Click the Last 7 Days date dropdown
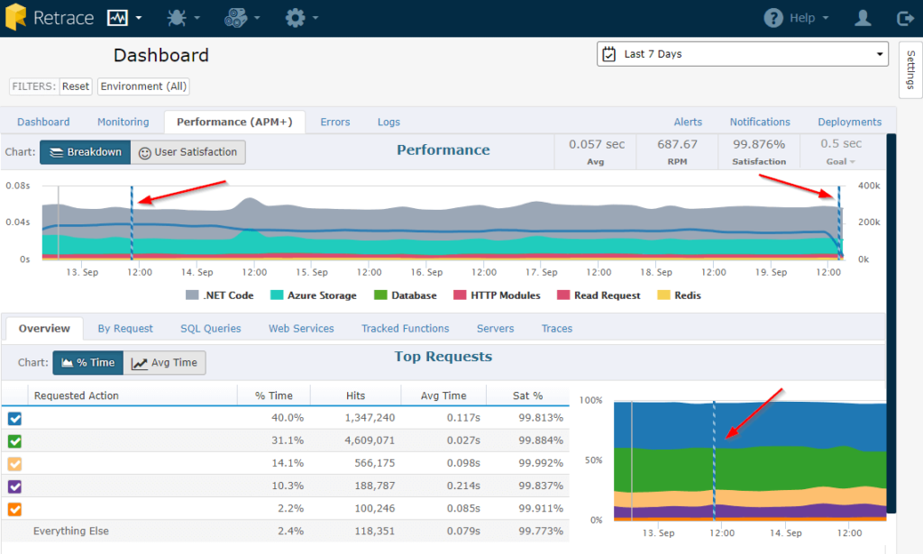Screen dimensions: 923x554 tap(743, 54)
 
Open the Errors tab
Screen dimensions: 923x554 tap(335, 122)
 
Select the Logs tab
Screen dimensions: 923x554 tap(388, 122)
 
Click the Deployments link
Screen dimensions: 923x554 tap(849, 122)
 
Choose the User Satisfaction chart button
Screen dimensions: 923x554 tap(187, 152)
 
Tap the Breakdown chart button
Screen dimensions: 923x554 tap(86, 152)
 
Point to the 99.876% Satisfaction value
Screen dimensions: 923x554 tap(759, 144)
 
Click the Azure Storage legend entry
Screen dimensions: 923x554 tap(313, 295)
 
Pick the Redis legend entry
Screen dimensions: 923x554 tap(680, 295)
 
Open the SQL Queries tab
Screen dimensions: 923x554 tap(211, 328)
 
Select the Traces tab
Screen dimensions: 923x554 tap(557, 328)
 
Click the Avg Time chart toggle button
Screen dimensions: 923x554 tap(164, 363)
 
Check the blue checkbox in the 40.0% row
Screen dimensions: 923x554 tap(14, 418)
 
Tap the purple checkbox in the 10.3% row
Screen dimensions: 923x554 tap(14, 486)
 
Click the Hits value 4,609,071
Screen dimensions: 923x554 tap(370, 440)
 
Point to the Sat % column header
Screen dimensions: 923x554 tap(527, 395)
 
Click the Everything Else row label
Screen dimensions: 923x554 tap(71, 531)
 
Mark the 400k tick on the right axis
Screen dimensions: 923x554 tap(869, 186)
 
